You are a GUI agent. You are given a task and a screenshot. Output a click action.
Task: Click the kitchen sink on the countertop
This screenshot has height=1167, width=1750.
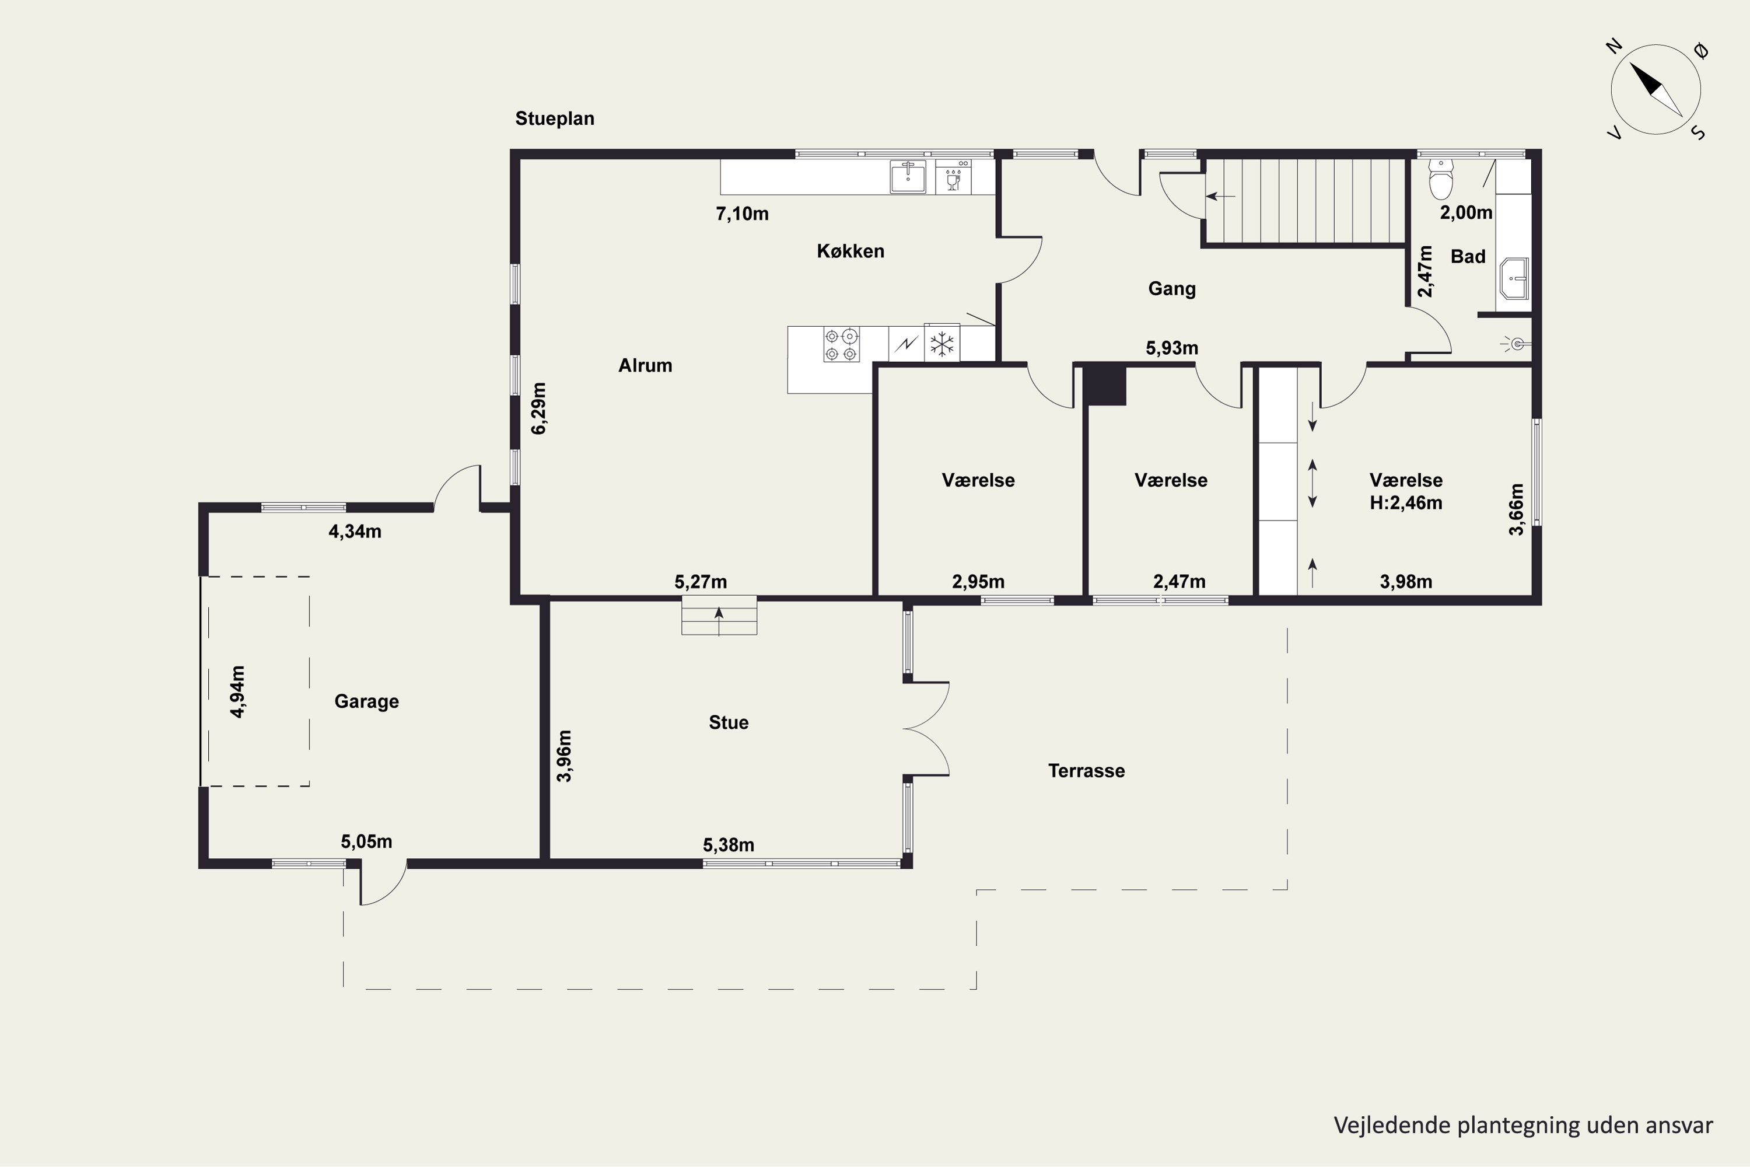908,176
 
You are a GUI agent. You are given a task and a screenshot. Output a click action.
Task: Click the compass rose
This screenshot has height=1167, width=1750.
1655,90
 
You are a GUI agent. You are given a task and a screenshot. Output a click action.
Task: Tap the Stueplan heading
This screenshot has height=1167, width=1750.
555,118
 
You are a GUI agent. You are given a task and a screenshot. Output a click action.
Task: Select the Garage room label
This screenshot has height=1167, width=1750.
366,701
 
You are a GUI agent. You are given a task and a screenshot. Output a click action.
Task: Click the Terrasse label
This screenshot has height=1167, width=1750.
1086,770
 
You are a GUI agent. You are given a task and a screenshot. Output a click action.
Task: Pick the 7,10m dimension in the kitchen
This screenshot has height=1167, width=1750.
742,214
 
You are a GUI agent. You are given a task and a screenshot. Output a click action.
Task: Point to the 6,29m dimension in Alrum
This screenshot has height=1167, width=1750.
538,408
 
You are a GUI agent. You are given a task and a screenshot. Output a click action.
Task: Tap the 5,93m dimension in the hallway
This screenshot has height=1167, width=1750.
1172,348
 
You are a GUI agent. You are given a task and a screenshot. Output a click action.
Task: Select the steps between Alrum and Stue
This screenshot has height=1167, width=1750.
719,615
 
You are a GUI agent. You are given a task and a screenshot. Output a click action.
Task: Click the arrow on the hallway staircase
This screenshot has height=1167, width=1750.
1220,197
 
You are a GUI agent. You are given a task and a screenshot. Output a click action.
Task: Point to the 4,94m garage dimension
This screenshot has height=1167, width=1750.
238,691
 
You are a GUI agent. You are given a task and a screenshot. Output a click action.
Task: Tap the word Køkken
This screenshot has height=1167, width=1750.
850,251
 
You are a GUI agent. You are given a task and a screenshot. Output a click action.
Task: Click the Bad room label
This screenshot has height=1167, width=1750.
1468,256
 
